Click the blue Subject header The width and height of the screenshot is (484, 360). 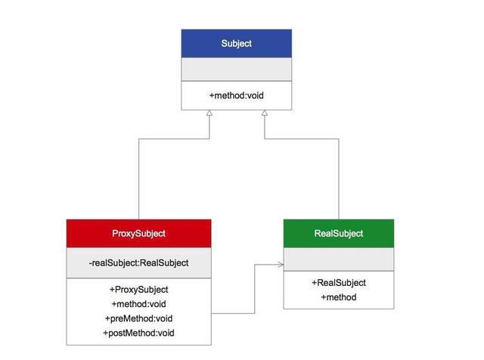236,44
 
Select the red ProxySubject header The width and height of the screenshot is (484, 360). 138,234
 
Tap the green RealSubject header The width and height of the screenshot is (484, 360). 338,234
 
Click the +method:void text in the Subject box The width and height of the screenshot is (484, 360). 236,96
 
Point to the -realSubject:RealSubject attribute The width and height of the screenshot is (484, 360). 138,263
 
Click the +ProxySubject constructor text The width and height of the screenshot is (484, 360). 138,290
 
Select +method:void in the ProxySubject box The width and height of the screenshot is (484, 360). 138,304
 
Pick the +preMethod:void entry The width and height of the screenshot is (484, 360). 138,318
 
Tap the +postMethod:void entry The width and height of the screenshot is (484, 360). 138,333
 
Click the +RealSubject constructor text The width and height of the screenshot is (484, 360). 338,283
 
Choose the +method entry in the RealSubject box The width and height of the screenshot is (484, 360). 338,297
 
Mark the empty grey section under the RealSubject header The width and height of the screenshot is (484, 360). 338,259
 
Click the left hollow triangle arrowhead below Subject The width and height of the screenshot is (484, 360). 209,113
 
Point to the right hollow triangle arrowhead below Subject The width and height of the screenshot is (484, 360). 264,113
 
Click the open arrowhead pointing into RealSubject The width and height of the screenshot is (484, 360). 281,265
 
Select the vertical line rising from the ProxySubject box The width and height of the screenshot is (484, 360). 139,182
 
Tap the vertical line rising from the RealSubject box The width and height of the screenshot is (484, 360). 338,182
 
